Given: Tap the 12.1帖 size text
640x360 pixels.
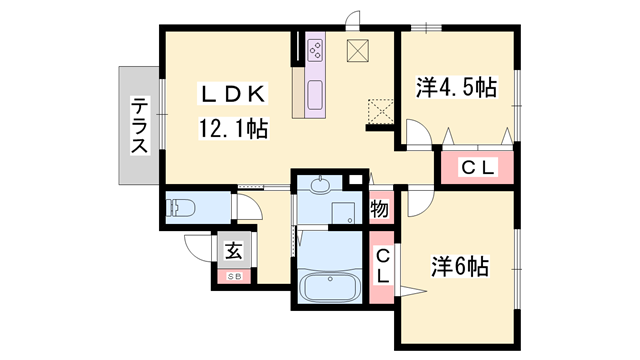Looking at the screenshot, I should coord(232,128).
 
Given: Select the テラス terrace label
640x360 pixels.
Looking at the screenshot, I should coord(139,126).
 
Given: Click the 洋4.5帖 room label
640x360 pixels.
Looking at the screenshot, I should coord(456,88).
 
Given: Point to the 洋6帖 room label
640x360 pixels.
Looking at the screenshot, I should coord(460,267).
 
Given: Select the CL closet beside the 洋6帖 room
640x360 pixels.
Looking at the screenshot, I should coord(382,268).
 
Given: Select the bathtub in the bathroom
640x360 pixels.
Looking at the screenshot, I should coord(331,288).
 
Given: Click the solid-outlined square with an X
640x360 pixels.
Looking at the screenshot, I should coord(358,52).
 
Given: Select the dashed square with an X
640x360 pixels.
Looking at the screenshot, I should coord(380,109).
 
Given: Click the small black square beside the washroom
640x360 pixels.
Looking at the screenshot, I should coord(353,180).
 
